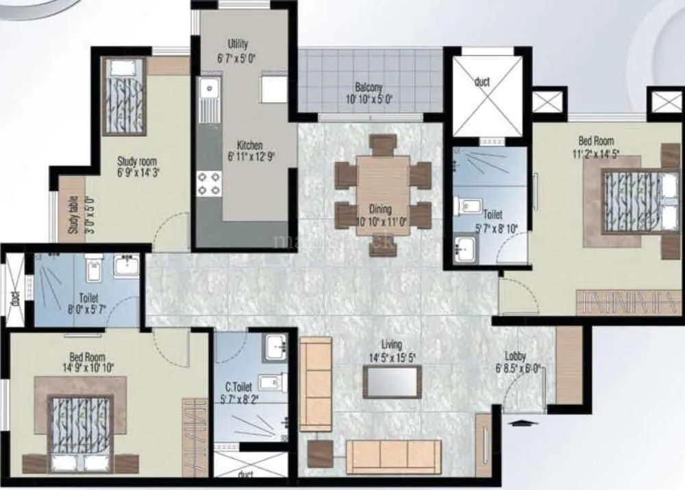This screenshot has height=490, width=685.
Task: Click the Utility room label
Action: (238, 44)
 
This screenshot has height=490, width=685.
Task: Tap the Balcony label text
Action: (369, 88)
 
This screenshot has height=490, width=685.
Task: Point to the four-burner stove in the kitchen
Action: (209, 183)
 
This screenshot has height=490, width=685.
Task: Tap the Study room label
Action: (137, 162)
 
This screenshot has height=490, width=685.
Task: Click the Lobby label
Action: (516, 356)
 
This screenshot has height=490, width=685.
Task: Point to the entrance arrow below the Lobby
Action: (521, 423)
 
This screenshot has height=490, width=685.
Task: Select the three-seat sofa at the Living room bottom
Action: (393, 456)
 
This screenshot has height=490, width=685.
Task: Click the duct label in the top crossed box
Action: (482, 82)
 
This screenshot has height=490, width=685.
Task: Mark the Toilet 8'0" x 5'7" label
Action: (88, 298)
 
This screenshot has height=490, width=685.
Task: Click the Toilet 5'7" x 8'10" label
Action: (493, 214)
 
